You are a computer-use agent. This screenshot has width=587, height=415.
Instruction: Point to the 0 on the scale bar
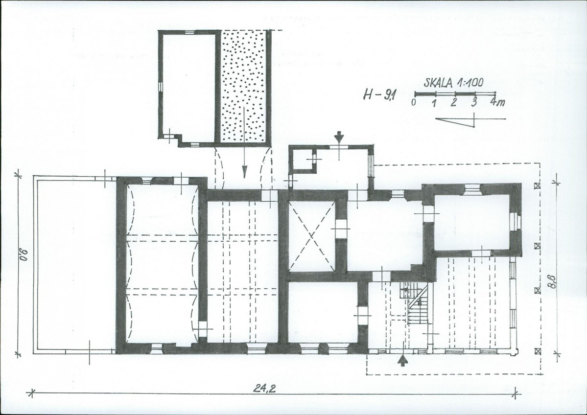pyautogui.click(x=414, y=103)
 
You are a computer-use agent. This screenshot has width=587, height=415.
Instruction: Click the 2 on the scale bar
pyautogui.click(x=454, y=103)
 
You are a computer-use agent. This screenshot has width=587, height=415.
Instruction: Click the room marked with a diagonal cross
pyautogui.click(x=310, y=235)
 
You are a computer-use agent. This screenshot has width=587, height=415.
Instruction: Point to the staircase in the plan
pyautogui.click(x=417, y=305)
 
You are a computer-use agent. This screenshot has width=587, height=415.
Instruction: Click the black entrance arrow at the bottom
pyautogui.click(x=402, y=361)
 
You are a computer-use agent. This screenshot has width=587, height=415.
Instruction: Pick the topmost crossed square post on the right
pyautogui.click(x=538, y=186)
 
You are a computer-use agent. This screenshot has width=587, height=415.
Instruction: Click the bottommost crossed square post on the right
pyautogui.click(x=538, y=350)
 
